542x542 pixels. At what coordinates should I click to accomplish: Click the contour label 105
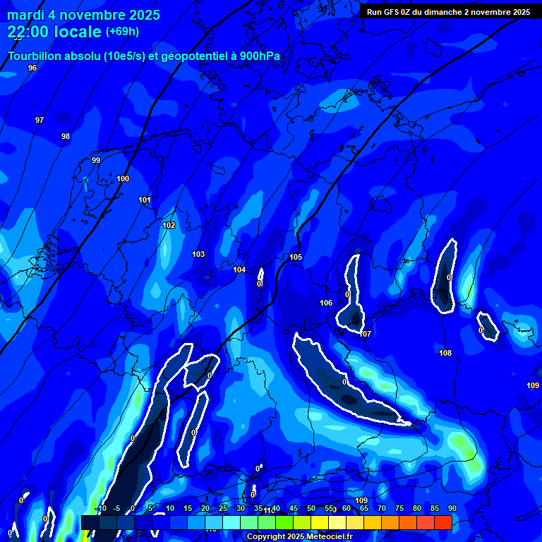296,257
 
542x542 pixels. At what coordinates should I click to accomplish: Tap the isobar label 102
169,225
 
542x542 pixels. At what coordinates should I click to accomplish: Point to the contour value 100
123,179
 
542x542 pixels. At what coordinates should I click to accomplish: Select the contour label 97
40,120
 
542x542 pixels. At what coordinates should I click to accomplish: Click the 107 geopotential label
365,334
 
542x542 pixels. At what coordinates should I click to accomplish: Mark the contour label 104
239,270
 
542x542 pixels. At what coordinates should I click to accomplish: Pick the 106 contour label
326,303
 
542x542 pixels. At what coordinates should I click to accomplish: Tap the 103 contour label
198,254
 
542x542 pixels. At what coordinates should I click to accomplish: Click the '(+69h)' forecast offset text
122,31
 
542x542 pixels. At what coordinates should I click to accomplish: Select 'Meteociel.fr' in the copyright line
324,537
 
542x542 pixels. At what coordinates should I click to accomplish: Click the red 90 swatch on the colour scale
443,522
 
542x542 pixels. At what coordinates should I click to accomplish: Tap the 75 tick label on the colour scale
399,508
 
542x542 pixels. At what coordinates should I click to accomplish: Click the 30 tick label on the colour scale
240,508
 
